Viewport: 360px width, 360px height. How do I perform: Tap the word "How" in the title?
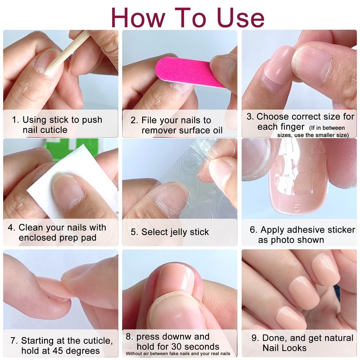(138, 18)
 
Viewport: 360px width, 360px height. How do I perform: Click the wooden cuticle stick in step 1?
(67, 54)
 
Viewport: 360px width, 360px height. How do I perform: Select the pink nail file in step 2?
(188, 71)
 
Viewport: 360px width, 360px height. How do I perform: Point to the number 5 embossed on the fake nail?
(297, 208)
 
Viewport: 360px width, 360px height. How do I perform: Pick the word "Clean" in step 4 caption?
(29, 228)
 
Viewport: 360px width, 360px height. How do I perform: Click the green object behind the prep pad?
(69, 149)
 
